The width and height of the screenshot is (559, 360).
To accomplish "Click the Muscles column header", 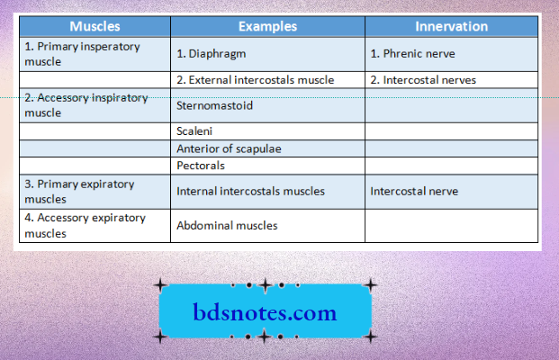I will click(x=95, y=26).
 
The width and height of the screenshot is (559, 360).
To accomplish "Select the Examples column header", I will click(x=267, y=26).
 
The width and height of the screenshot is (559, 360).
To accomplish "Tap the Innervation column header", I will click(x=451, y=26).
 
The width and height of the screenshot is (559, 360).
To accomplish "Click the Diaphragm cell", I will click(x=212, y=53).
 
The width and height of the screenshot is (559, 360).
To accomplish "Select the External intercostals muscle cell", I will click(x=256, y=79).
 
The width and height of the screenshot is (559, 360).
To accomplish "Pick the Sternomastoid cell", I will click(x=214, y=105).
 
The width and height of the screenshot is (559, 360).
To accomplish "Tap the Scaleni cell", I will click(x=195, y=130).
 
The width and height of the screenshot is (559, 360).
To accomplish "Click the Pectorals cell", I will click(x=201, y=166).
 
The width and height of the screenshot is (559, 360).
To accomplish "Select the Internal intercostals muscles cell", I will click(x=250, y=191).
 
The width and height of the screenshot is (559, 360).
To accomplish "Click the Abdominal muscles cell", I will click(x=227, y=226).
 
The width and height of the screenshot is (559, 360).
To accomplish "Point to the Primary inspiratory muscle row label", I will click(x=81, y=53).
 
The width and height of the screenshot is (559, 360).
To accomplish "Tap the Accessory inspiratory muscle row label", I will click(x=86, y=105).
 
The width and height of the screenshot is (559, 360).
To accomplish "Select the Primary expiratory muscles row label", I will click(x=79, y=191).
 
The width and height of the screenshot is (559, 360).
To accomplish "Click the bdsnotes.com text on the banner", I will click(x=265, y=313).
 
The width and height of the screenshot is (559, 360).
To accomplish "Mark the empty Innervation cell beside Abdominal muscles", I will click(x=451, y=226).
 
